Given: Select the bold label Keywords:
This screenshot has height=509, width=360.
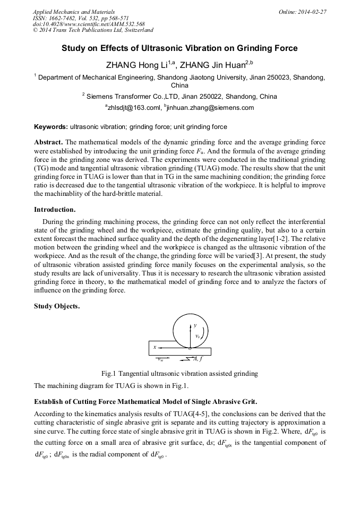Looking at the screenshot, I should coord(51,127).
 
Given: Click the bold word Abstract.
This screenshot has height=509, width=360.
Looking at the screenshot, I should coord(48,143).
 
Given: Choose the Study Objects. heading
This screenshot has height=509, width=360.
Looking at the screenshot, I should coord(57,305).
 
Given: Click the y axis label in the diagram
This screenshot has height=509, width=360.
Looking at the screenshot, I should coord(194,325).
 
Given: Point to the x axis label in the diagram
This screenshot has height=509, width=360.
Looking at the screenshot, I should coord(155,347).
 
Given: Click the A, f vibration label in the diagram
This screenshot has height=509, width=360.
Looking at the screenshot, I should coord(198,359).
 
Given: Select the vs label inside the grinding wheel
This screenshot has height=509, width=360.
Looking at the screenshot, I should coord(198,336).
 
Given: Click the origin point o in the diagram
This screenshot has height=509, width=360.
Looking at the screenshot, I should coord(189,348).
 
